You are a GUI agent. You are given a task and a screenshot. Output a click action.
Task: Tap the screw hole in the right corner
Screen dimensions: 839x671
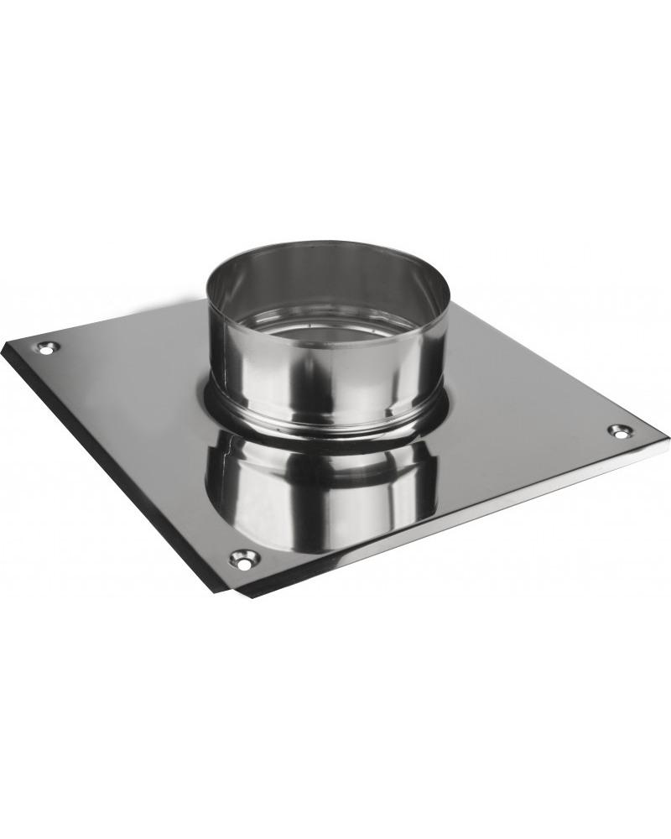(619, 430)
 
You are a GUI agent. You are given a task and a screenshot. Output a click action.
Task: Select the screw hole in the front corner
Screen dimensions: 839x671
(243, 558)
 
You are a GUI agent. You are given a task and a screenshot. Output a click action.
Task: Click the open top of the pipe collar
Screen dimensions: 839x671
(329, 294)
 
